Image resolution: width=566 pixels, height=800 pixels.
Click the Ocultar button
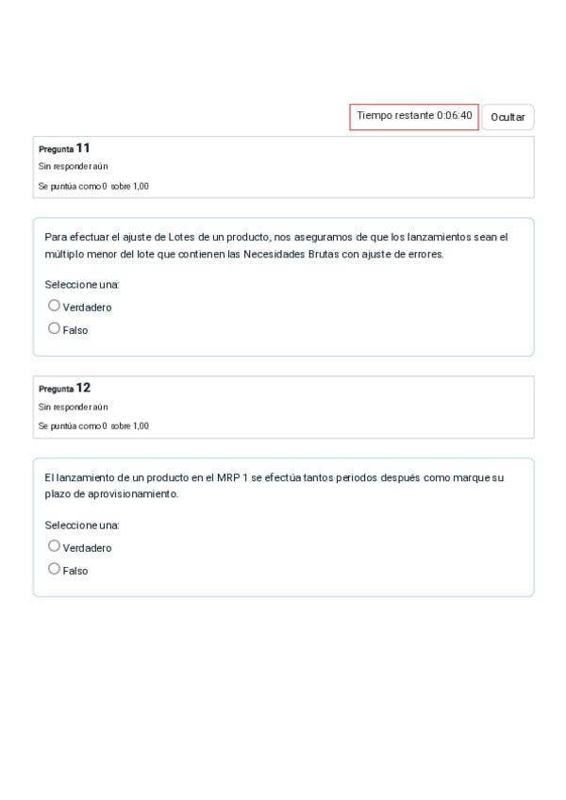coord(508,117)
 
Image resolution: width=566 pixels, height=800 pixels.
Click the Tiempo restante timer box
coord(414,116)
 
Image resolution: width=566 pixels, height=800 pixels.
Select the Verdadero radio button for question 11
coord(54,306)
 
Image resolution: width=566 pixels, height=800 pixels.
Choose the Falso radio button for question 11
coord(54,328)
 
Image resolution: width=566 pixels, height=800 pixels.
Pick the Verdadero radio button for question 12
coord(54,546)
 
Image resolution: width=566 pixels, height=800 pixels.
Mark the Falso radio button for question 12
coord(54,569)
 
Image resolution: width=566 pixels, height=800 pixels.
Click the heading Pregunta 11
coord(64,148)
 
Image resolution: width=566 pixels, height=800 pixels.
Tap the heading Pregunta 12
coord(64,388)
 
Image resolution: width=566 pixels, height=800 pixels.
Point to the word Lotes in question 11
coord(181,237)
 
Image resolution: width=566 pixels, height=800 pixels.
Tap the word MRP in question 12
coord(229,477)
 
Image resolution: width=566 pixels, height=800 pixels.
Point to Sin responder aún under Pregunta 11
coord(73,167)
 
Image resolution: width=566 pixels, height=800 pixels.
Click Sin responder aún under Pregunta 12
coord(73,407)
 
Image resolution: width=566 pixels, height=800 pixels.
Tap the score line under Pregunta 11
coord(93,186)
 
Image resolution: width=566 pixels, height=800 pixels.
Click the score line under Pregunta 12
coord(93,425)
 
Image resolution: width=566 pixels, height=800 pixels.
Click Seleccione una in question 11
coord(82,284)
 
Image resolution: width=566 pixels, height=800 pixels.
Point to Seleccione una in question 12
coord(82,525)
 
